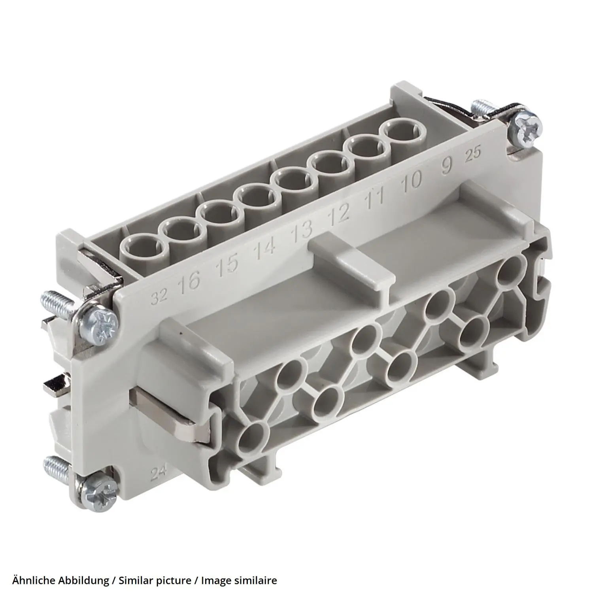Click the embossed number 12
coord(339,213)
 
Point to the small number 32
coord(160,296)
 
